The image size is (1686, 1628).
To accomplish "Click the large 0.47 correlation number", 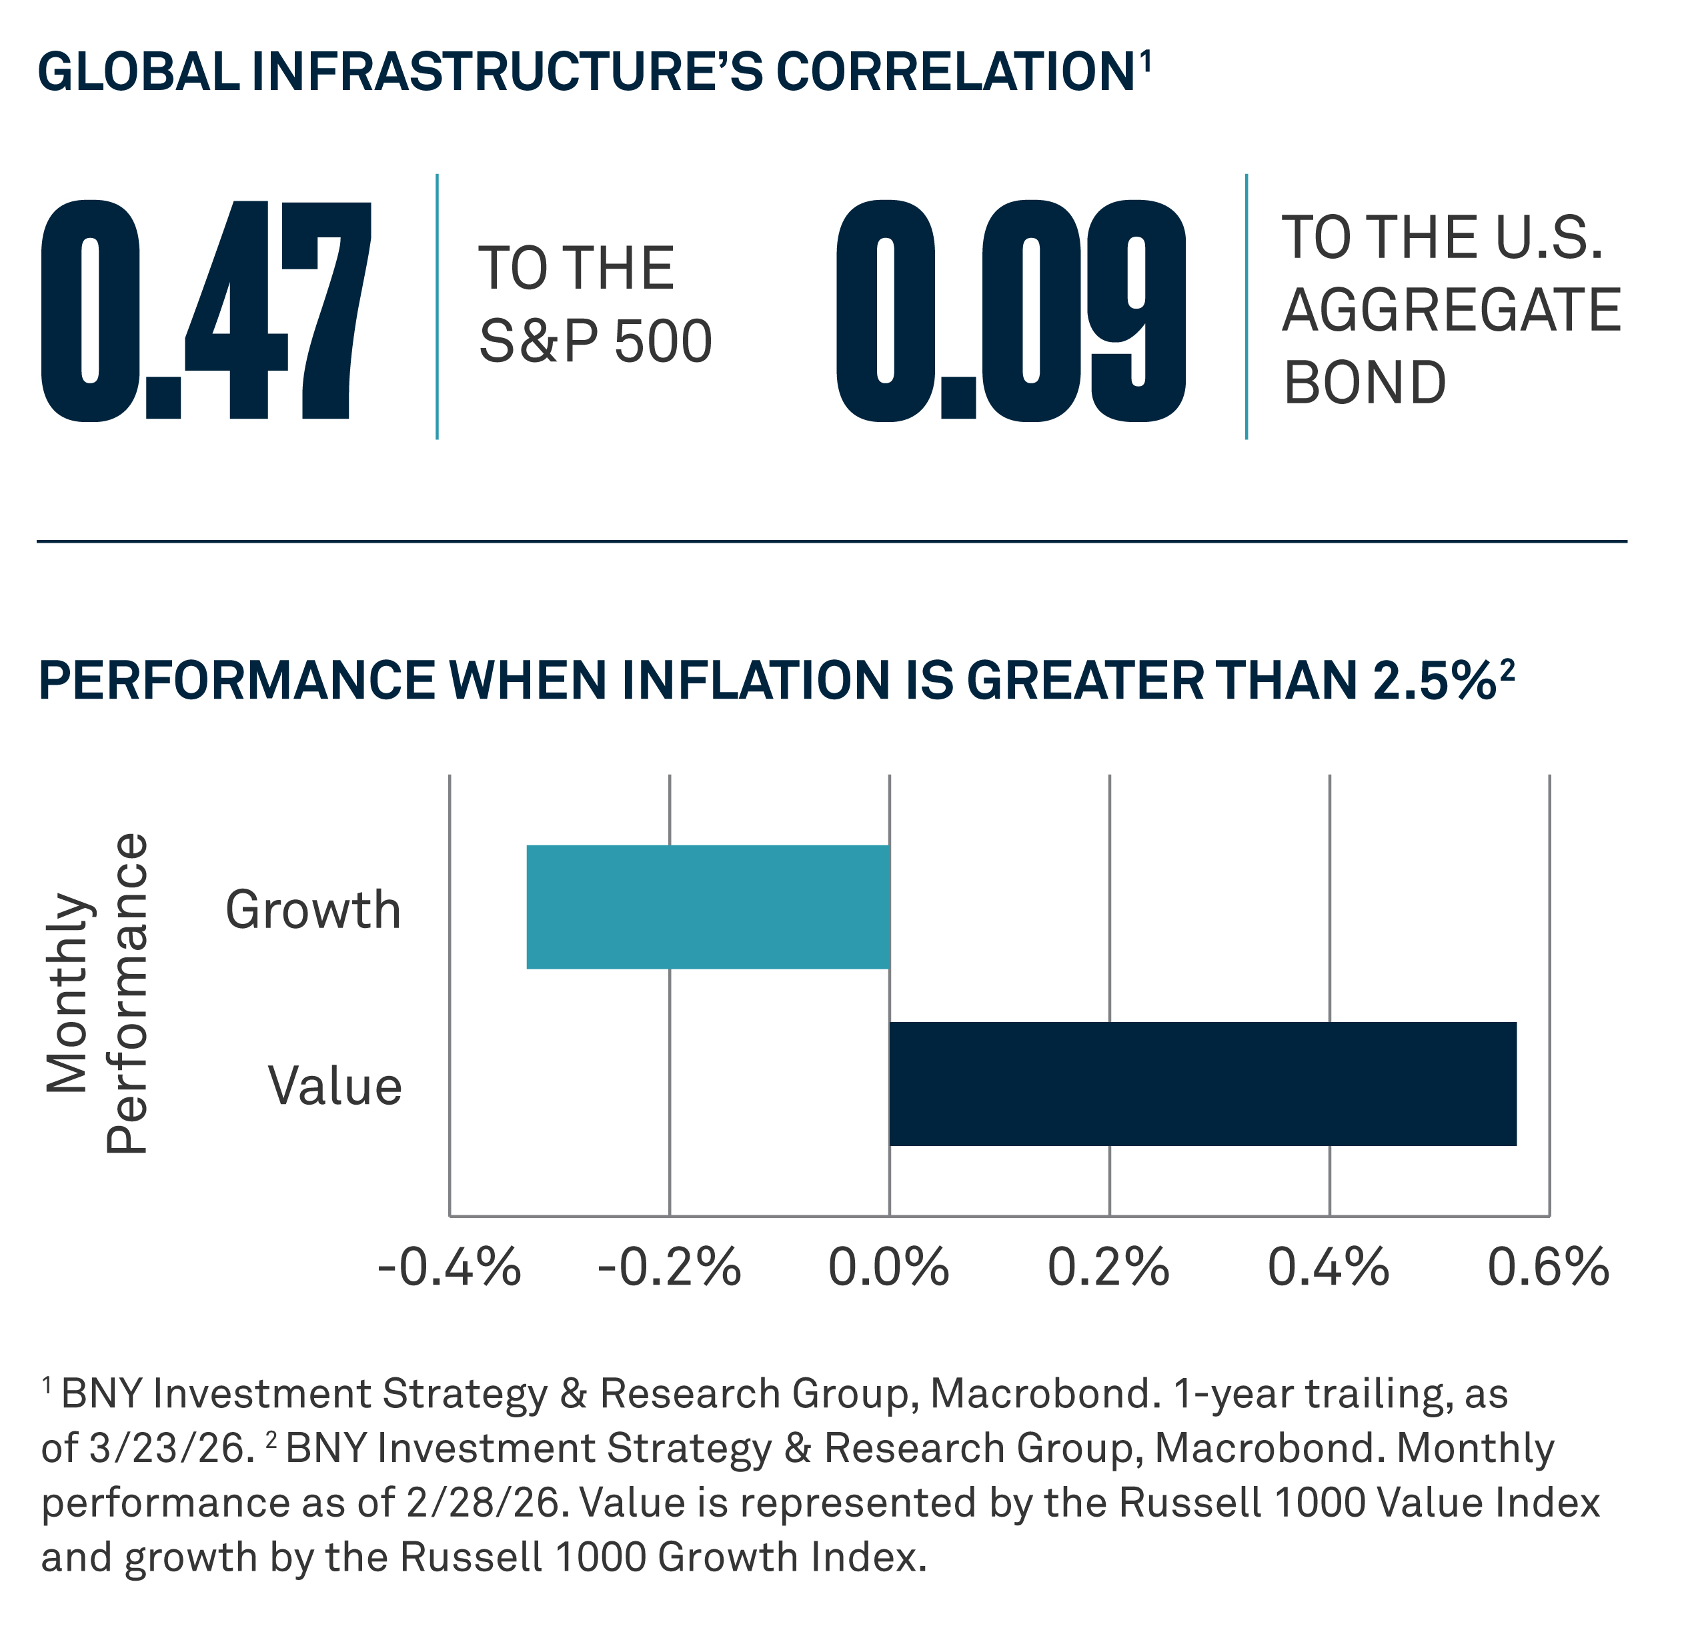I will (207, 311).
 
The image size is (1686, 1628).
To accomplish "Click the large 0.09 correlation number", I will (1012, 311).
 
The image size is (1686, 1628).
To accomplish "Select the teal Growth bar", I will (708, 907).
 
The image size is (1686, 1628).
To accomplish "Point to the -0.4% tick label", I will (449, 1267).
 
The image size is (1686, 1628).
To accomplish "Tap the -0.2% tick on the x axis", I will (669, 1267).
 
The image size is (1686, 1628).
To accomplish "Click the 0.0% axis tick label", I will (888, 1267).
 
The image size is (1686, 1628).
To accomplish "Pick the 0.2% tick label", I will (1109, 1267).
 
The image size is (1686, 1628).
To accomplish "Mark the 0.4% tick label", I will (1329, 1267).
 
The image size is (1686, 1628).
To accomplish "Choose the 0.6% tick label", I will (1549, 1267).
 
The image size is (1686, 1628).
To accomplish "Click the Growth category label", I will (313, 910).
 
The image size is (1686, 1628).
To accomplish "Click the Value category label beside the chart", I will (335, 1086).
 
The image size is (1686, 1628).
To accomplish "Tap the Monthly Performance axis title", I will (96, 993).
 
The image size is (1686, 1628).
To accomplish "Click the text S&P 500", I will (596, 341).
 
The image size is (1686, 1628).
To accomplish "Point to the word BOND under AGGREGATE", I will (1365, 383).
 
